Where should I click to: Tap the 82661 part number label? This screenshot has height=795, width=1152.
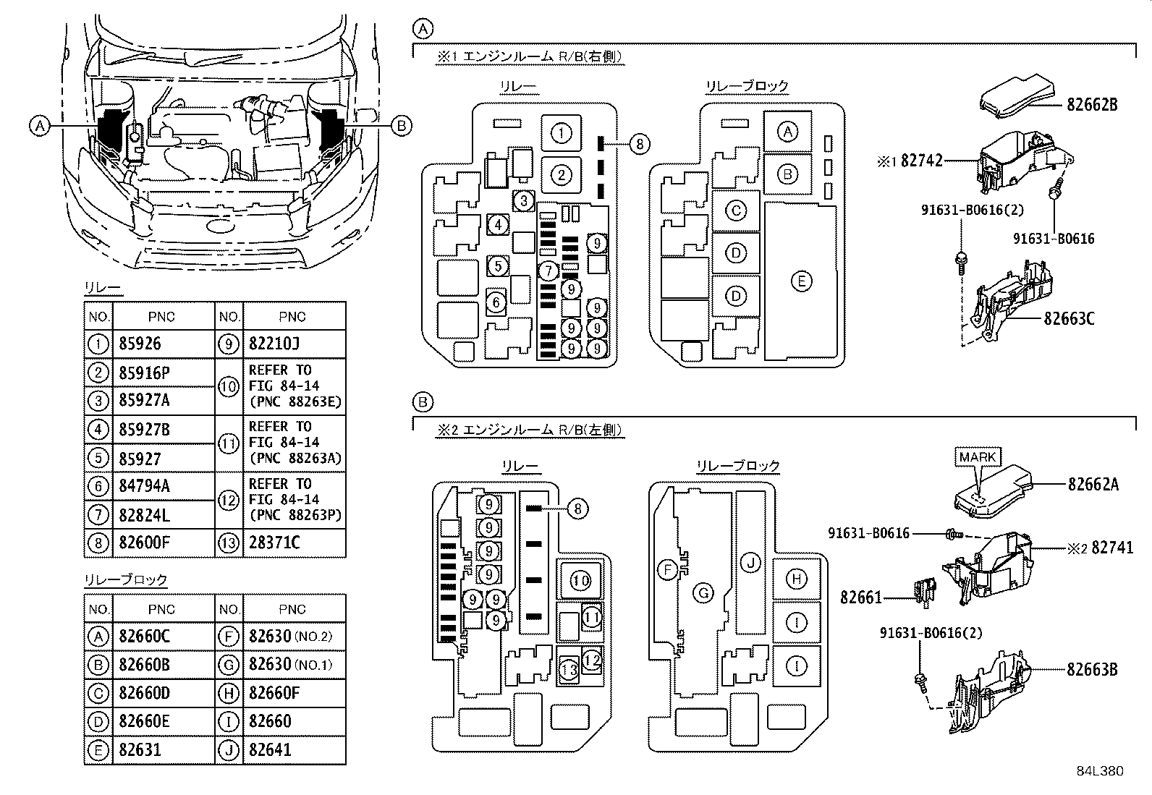tap(861, 598)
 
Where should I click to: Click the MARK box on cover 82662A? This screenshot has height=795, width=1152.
tap(978, 457)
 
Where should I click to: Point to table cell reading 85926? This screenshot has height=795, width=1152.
tap(140, 344)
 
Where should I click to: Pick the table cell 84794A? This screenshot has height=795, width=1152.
tap(145, 486)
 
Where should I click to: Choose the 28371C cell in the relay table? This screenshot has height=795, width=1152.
tap(274, 543)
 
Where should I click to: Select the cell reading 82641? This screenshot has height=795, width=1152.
tap(270, 750)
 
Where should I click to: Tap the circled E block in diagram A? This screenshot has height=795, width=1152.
tap(801, 281)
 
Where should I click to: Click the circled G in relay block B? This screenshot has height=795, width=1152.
tap(703, 594)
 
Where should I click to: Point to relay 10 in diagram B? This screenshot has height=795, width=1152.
tap(580, 580)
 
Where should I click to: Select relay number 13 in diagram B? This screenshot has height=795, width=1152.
tap(569, 671)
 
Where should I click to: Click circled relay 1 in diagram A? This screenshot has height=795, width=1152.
tap(561, 133)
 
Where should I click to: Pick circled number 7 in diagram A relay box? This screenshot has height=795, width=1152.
tap(549, 271)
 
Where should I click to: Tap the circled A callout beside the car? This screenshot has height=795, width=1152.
tap(40, 127)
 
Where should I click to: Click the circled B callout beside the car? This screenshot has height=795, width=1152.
tap(402, 127)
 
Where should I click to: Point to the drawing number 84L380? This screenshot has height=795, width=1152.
tap(1099, 771)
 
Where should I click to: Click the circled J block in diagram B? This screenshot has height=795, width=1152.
tap(752, 562)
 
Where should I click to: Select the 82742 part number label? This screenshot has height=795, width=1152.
tap(922, 161)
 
